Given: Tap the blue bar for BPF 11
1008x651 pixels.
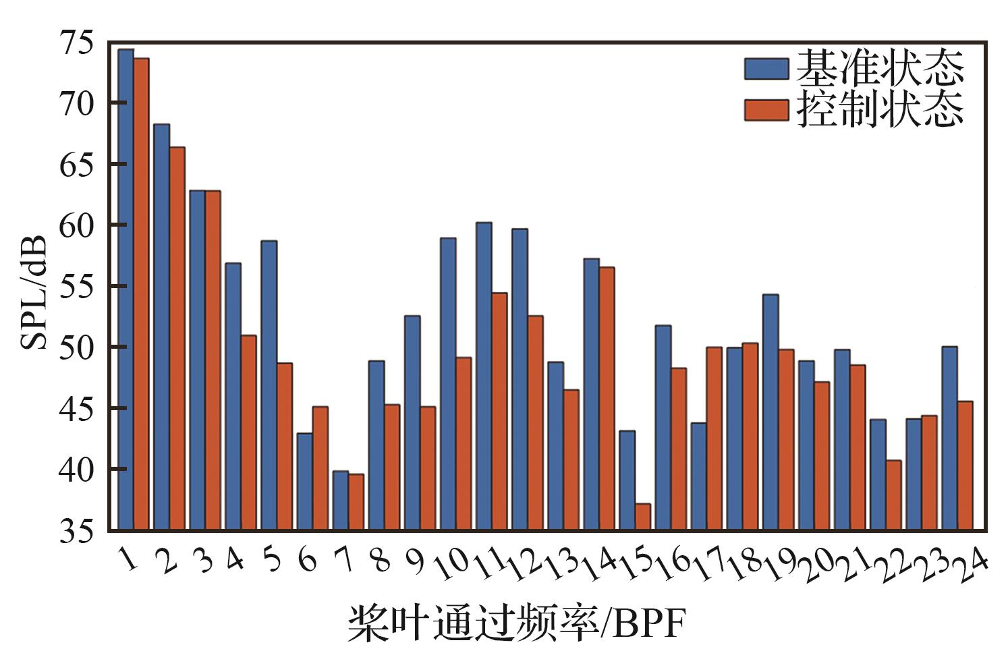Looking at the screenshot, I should [484, 376].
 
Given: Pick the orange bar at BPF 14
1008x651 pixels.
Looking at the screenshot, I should [607, 398].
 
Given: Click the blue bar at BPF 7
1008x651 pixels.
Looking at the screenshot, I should [341, 500].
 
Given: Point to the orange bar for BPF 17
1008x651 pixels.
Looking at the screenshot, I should [714, 438].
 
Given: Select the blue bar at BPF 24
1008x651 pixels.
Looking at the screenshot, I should [949, 438].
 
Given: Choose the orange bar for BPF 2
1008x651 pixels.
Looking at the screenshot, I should [177, 338].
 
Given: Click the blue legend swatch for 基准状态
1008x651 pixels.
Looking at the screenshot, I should [766, 69].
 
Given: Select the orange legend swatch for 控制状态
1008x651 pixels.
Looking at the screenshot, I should [766, 110].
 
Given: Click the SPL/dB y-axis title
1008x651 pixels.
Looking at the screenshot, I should [34, 293].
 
